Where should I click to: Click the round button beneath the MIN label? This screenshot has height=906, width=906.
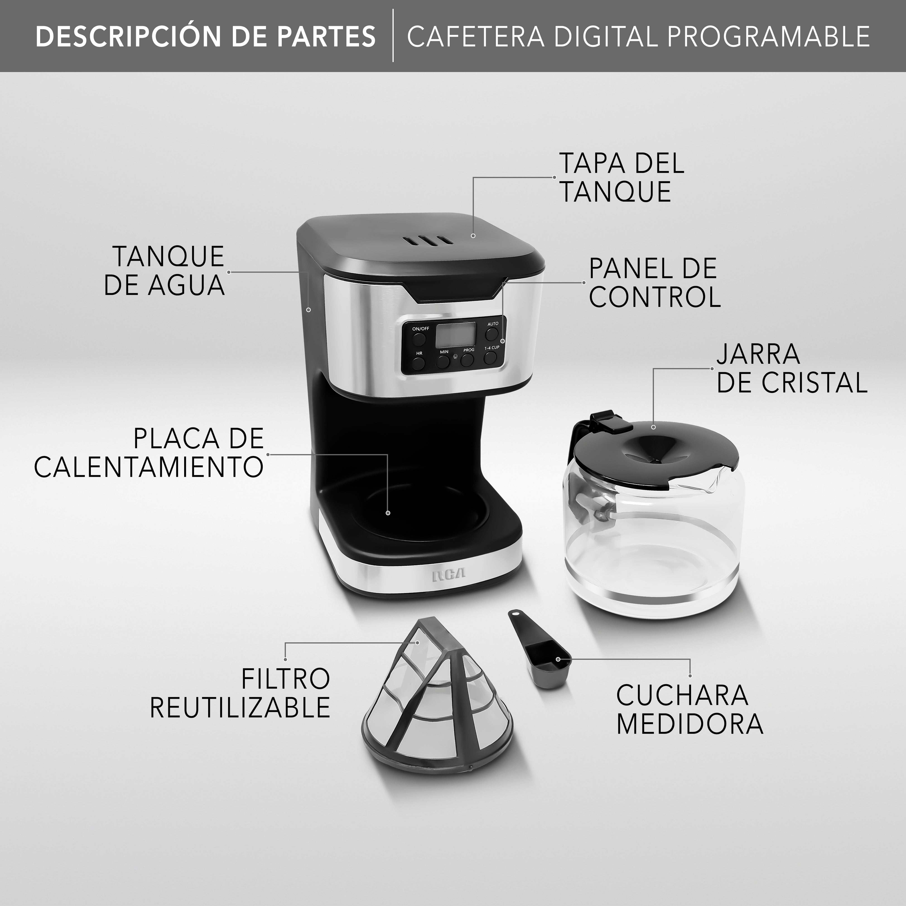pyautogui.click(x=443, y=361)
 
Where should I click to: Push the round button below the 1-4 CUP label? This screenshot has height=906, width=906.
pyautogui.click(x=491, y=358)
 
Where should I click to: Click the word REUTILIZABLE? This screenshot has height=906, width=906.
pyautogui.click(x=240, y=708)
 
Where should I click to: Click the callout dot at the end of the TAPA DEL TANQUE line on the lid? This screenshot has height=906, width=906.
pyautogui.click(x=473, y=235)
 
